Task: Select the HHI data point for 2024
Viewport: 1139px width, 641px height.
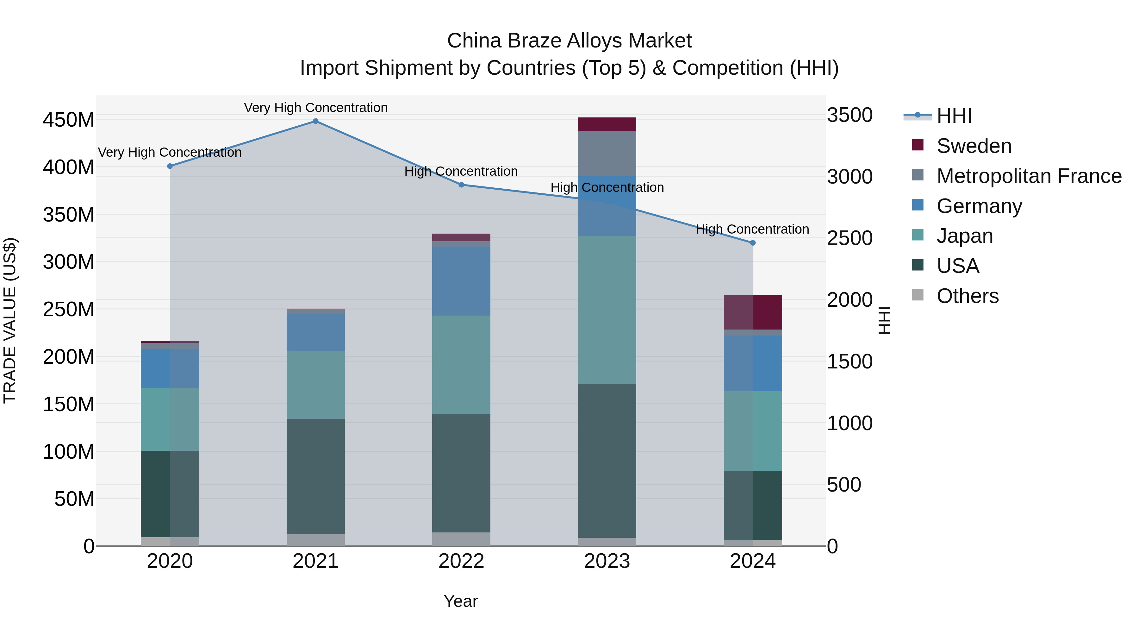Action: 753,243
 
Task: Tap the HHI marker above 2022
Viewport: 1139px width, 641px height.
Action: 461,185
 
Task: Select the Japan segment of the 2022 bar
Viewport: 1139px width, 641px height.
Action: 461,365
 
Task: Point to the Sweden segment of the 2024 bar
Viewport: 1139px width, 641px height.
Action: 753,312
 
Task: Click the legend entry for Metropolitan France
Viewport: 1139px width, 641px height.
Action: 1029,176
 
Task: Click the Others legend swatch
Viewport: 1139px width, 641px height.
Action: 918,295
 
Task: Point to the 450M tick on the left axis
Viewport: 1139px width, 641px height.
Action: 69,120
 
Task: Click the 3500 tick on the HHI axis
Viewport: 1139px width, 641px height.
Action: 850,116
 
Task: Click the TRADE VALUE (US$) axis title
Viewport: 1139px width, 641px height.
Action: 10,320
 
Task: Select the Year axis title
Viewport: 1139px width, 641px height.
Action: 461,601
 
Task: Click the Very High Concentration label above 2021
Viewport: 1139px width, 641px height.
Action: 316,108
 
